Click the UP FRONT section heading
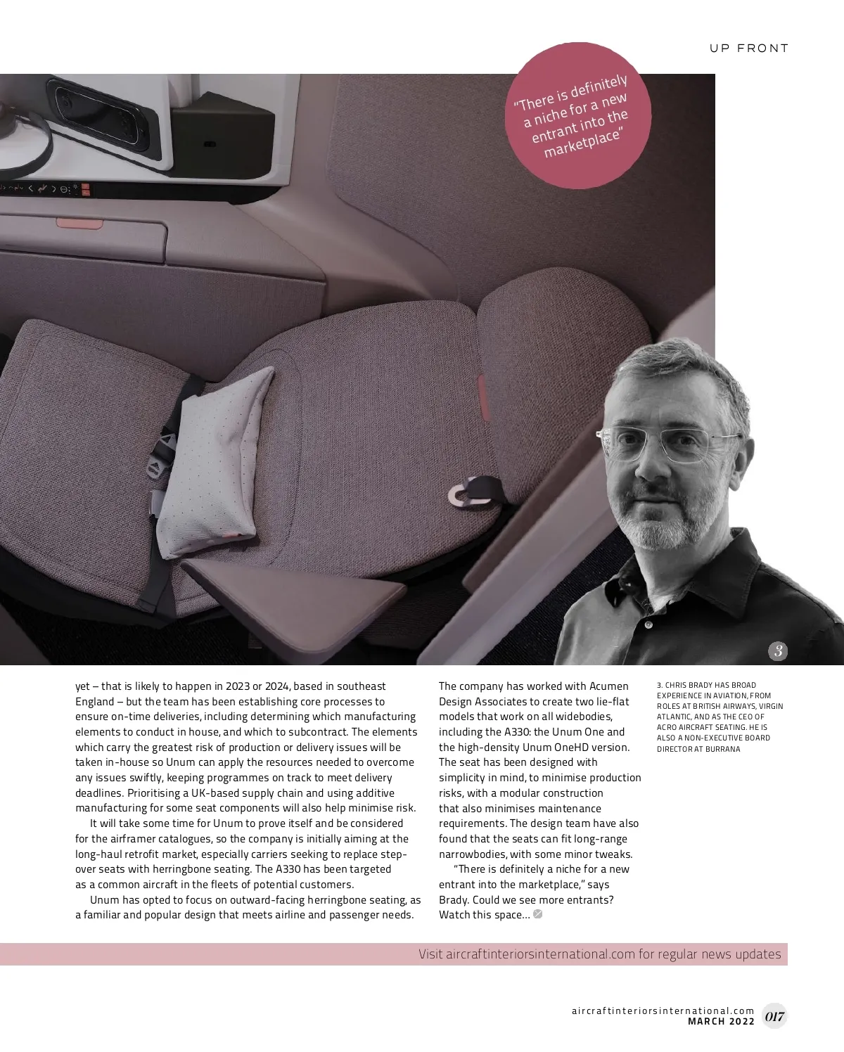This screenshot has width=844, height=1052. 748,49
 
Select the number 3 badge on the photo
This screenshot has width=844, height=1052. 777,650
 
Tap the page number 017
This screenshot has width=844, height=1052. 774,1016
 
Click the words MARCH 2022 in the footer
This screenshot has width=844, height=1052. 721,1021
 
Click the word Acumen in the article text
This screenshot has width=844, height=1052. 609,686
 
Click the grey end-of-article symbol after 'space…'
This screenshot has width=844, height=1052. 538,914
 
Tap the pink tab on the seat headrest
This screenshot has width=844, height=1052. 485,397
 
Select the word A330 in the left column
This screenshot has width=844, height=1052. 289,869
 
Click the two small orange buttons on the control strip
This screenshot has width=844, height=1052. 85,189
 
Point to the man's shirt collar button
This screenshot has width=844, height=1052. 648,624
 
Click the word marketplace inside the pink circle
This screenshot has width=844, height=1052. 583,143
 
